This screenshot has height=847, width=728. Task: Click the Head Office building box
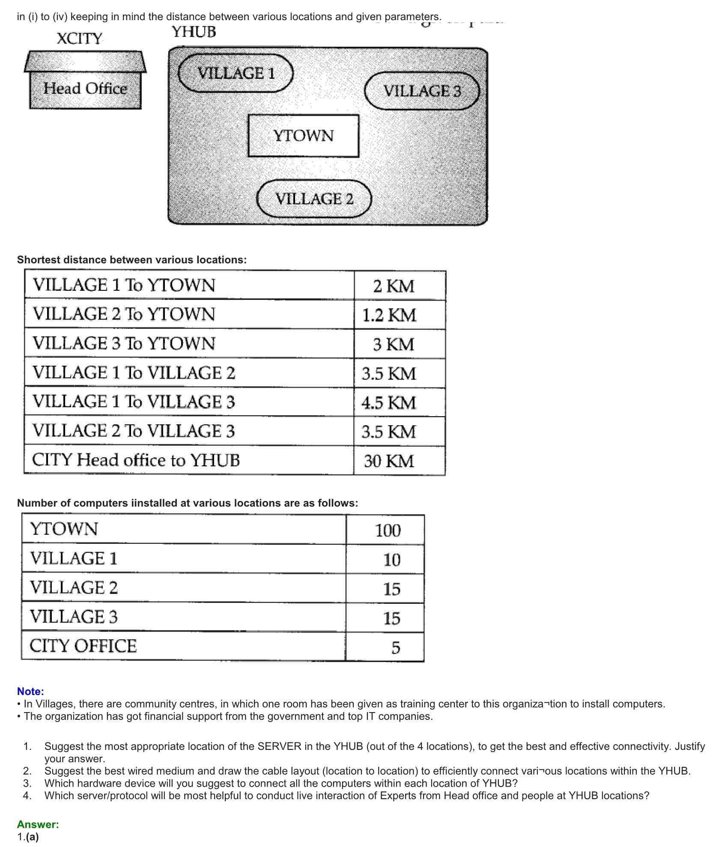(85, 89)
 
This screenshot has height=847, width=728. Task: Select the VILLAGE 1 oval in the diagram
(236, 73)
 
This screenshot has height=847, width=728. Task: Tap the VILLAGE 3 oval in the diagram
(422, 91)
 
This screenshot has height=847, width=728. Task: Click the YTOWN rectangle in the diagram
(303, 136)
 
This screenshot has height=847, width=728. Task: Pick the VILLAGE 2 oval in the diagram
(314, 199)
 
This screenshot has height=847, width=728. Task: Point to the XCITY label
(80, 39)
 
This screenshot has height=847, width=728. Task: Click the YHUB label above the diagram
(194, 32)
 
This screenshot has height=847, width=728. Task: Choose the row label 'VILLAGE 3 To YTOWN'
(124, 343)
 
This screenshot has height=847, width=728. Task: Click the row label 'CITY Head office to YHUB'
(136, 460)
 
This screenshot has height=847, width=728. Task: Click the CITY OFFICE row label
(83, 646)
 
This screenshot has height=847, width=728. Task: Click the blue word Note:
(30, 692)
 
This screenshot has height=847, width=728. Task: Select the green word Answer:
(38, 824)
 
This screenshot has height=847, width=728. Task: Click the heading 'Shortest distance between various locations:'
(132, 260)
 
